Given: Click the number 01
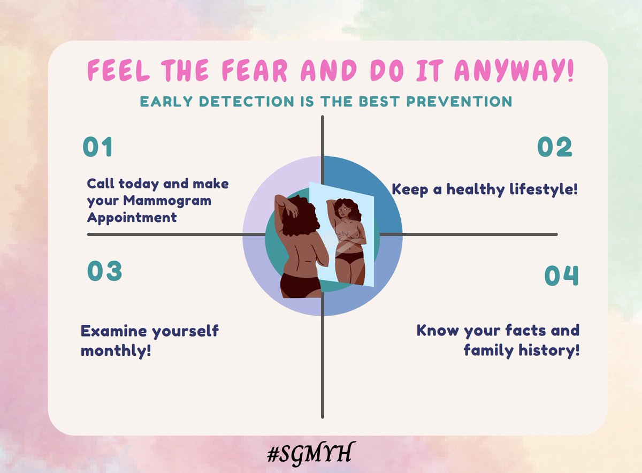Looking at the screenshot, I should tap(98, 148).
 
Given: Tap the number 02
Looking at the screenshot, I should tap(554, 148).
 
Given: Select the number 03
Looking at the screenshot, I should tap(105, 271).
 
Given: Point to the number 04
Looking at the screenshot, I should tap(561, 276).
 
